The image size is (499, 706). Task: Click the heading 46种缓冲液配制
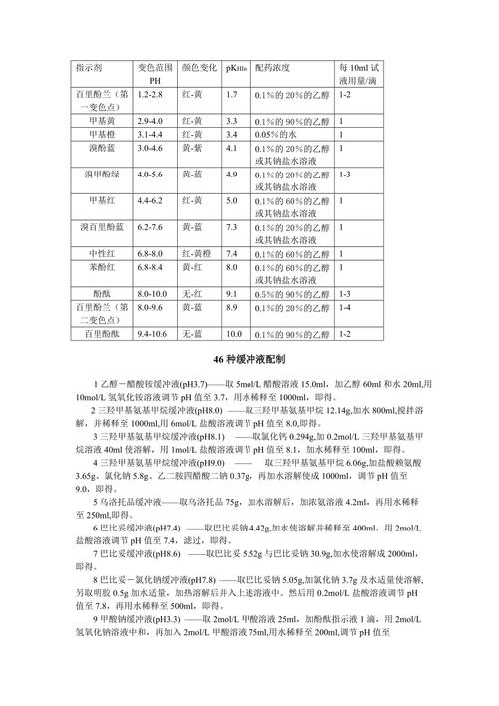click(x=249, y=358)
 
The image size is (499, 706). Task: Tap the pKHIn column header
click(x=237, y=66)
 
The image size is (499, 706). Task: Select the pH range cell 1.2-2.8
click(x=151, y=94)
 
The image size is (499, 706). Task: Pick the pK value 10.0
click(x=234, y=334)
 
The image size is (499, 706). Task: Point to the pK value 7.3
click(x=231, y=228)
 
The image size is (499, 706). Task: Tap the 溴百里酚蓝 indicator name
click(x=101, y=228)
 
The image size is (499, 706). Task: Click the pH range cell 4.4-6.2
click(x=151, y=201)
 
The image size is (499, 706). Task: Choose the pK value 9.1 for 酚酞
click(x=231, y=294)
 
